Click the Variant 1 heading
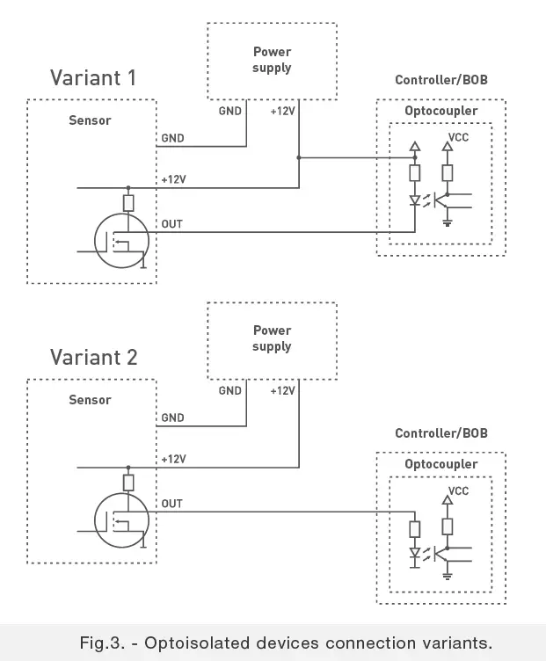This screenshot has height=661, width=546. point(93,78)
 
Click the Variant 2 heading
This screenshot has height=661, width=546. point(93,358)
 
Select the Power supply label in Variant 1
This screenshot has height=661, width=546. point(272,60)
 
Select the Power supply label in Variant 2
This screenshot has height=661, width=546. point(272,338)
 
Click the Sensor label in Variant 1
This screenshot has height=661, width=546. point(91,120)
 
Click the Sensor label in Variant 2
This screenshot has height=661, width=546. point(91,400)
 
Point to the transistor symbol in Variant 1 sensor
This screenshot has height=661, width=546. point(123,242)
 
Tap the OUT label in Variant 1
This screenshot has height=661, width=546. point(171,225)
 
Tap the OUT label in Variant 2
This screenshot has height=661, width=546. point(171,504)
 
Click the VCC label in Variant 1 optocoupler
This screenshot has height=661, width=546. point(458,139)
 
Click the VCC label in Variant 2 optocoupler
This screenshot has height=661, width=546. point(458,490)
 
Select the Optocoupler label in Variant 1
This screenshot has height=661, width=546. point(440,112)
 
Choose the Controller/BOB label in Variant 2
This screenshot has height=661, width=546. point(440,433)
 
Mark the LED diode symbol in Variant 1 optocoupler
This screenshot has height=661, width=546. point(415,200)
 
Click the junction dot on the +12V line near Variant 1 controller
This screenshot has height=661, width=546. point(299,158)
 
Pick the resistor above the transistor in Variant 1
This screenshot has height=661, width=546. point(128,203)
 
